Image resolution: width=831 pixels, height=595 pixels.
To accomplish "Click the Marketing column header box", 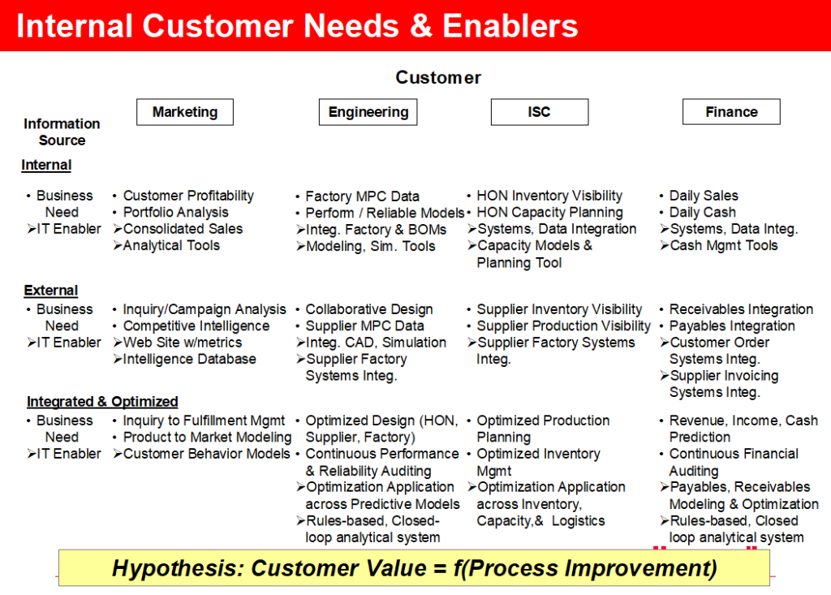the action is tap(185, 112).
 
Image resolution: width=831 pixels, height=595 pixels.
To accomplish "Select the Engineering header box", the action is tap(368, 112).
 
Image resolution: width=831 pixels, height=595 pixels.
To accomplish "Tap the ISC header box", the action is tap(540, 112).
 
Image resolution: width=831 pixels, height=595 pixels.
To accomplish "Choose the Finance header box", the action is tap(731, 112).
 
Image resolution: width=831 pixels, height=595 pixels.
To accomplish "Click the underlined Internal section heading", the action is tap(46, 165).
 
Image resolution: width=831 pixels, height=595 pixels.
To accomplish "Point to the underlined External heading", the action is tap(51, 291).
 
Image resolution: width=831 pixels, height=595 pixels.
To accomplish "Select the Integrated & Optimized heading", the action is tap(102, 402).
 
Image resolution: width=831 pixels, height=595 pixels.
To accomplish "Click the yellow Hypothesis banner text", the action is tap(415, 568).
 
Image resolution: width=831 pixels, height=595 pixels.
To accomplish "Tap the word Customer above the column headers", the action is tap(438, 77).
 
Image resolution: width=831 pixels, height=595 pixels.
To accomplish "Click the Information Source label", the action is tap(62, 132).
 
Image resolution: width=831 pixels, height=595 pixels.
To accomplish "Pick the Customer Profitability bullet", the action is tap(188, 196).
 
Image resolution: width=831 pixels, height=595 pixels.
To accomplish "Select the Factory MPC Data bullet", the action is tap(363, 196).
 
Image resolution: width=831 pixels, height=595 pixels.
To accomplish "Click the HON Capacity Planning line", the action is tap(549, 212).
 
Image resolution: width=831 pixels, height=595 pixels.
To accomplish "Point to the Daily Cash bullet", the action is tap(702, 212).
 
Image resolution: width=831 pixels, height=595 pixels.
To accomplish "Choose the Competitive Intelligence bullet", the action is tap(196, 326).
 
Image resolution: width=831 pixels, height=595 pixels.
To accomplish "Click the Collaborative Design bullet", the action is tap(369, 309).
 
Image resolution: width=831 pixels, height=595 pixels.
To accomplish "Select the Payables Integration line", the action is tap(732, 326).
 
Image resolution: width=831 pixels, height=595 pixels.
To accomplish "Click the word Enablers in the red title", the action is tap(510, 26).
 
